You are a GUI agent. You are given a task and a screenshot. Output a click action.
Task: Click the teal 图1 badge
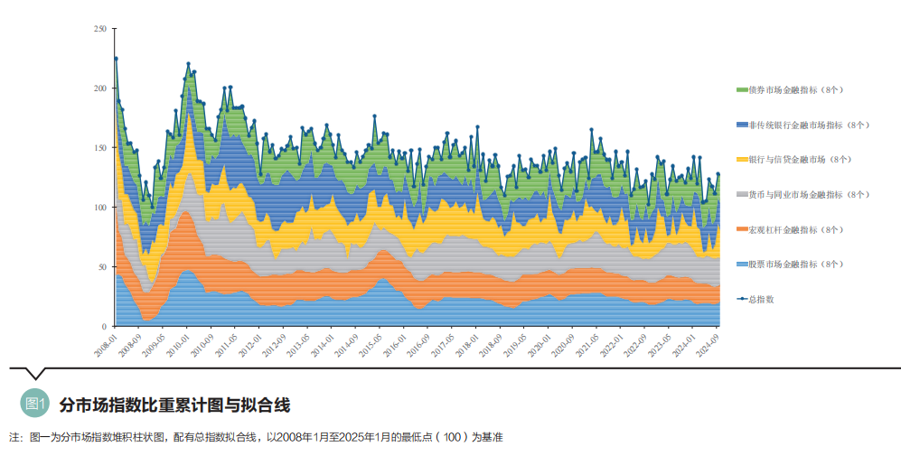coord(35,404)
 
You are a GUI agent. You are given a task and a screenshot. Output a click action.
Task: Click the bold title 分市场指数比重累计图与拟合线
coord(174,404)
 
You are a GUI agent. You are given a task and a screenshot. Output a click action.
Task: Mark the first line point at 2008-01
coord(116,59)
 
